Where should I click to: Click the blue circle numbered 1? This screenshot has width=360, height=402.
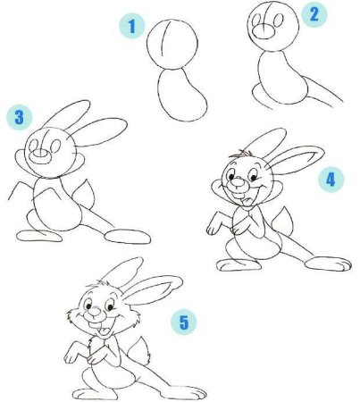132,27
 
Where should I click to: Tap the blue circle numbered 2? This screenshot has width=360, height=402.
314,14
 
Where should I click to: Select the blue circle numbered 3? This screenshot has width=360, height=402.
19,117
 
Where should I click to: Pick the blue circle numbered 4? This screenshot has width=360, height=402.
331,180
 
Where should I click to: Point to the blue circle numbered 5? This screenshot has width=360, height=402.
184,322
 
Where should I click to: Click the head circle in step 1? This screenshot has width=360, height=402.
147,45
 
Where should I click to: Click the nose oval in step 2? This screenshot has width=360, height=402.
264,31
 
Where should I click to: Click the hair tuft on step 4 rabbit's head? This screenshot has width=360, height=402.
240,155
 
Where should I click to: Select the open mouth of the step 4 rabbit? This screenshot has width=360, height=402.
245,199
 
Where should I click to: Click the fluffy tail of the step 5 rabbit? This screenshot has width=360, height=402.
139,351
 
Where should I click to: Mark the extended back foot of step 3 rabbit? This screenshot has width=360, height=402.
128,237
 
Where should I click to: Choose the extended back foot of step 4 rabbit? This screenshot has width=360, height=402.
328,264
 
